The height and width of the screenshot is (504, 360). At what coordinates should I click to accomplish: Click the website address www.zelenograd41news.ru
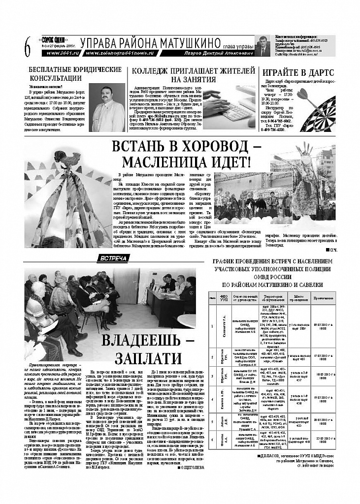tap(120, 53)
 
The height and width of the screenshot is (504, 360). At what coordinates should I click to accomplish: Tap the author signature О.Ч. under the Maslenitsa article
tap(331, 250)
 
